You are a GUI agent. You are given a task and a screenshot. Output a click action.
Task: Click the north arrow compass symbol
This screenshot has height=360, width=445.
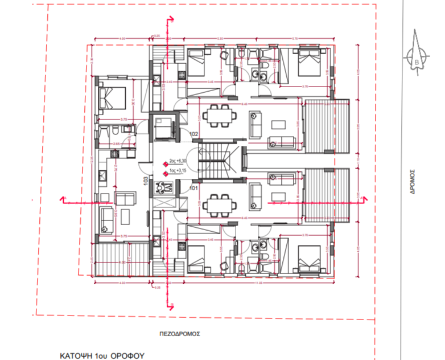point(419,59)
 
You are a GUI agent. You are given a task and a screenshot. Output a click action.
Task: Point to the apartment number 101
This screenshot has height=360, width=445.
point(193,186)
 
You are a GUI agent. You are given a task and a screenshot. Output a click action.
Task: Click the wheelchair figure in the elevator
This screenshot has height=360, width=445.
point(165,187)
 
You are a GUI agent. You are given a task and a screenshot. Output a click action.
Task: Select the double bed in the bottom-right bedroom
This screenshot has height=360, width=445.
point(307,259)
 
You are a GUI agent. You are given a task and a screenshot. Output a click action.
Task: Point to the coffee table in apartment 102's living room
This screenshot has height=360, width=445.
point(280,124)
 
